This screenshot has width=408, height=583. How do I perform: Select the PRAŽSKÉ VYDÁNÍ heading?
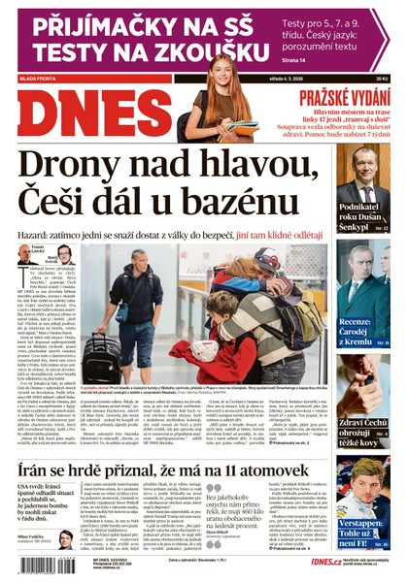click(x=347, y=99)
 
